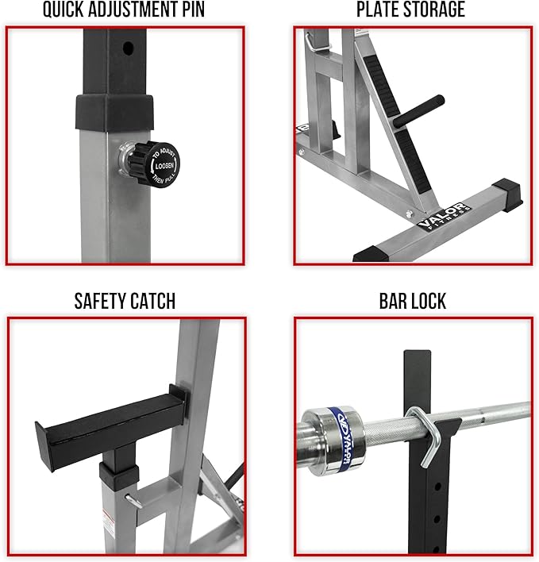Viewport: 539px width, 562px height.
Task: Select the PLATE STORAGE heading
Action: [x=410, y=10]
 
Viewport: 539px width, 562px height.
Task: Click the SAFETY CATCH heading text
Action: [x=125, y=301]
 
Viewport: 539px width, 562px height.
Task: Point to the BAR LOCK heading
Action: [x=411, y=301]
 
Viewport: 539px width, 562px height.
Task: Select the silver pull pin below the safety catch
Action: [x=135, y=499]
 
